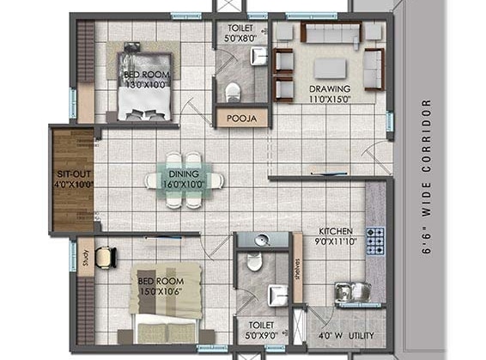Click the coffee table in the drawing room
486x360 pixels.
[328, 68]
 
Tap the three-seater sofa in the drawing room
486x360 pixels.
[330, 34]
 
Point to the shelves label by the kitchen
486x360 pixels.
[298, 272]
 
